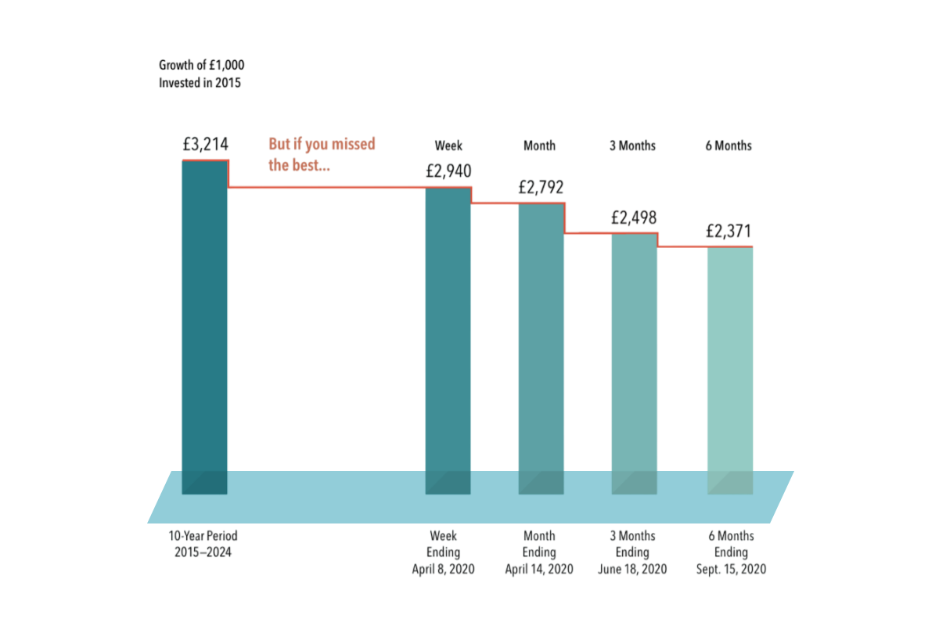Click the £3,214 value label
(x=205, y=145)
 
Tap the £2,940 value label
(x=448, y=171)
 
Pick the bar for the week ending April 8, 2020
(x=448, y=336)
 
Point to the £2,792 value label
(x=541, y=188)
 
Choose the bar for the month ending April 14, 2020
(x=541, y=344)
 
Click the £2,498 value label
(x=634, y=218)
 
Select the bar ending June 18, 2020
(x=634, y=360)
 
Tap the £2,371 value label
(x=729, y=232)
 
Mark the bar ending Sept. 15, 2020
(x=730, y=368)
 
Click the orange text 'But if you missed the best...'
(x=322, y=154)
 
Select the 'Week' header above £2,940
(x=448, y=146)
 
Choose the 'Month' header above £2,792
(x=539, y=146)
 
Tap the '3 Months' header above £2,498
(x=632, y=146)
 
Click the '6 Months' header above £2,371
(x=729, y=146)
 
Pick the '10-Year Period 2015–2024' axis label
(x=203, y=545)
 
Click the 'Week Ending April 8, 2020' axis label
(x=443, y=552)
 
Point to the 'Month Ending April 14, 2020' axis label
(x=539, y=552)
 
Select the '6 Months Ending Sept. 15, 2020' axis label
(x=731, y=552)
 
